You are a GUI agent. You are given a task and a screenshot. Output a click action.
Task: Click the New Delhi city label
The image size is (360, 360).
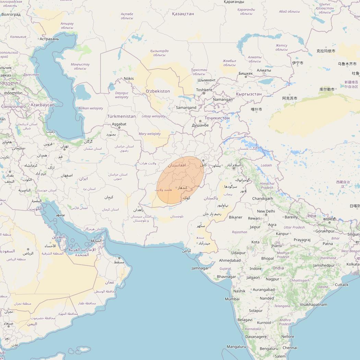coord(266,211)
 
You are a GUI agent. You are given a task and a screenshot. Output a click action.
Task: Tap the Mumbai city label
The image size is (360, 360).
coord(232,299)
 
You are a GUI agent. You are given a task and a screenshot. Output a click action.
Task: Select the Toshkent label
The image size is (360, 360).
coord(204,90)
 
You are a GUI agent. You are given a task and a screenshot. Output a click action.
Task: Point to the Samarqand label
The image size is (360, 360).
coord(186,108)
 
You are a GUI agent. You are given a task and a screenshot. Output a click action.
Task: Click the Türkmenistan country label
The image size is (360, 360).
coord(121,117)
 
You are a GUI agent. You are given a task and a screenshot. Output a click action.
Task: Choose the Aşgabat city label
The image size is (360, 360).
coord(119,124)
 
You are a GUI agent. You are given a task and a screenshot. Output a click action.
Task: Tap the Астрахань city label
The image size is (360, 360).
coord(49,39)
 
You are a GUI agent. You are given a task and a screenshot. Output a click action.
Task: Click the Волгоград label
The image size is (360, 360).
coord(11,15)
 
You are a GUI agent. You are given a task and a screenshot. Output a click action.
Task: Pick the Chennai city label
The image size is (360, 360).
coord(290,348)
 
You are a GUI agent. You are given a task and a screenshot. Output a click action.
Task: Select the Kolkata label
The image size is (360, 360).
coord(353,264)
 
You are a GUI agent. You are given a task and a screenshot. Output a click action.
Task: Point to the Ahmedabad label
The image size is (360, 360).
coord(230,261)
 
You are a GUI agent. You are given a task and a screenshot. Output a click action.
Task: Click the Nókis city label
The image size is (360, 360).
coord(129,79)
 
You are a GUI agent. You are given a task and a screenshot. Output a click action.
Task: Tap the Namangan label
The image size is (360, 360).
coord(223,99)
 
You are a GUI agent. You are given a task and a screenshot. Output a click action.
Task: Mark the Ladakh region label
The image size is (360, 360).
coord(266,165)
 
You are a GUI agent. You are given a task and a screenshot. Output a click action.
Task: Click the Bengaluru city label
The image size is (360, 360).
coord(269,349)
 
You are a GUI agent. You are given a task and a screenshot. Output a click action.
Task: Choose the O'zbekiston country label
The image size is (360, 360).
coord(158,91)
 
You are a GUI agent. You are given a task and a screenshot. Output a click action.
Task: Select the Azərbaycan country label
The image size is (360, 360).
coord(43,105)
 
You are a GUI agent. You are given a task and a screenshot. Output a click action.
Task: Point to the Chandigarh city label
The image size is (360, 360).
coord(263,199)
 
